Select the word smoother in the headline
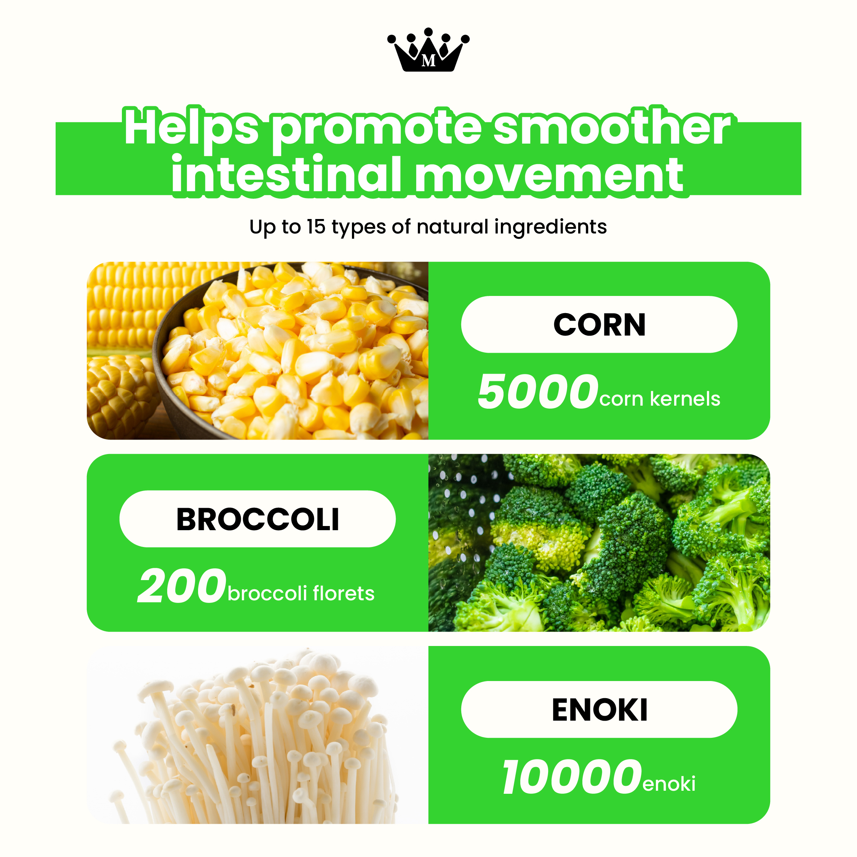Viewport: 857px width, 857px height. [x=612, y=128]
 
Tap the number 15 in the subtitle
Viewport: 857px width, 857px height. [x=316, y=227]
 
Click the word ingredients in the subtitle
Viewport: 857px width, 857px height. [x=550, y=227]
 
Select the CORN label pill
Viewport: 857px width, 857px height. [x=599, y=324]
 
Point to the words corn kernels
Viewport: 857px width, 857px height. [x=660, y=399]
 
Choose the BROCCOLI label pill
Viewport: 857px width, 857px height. [x=257, y=518]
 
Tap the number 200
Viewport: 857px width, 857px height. [x=182, y=585]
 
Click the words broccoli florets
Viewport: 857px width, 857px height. [x=301, y=593]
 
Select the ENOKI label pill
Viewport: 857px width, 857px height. [x=599, y=709]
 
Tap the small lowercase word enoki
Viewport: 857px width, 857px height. [x=669, y=784]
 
